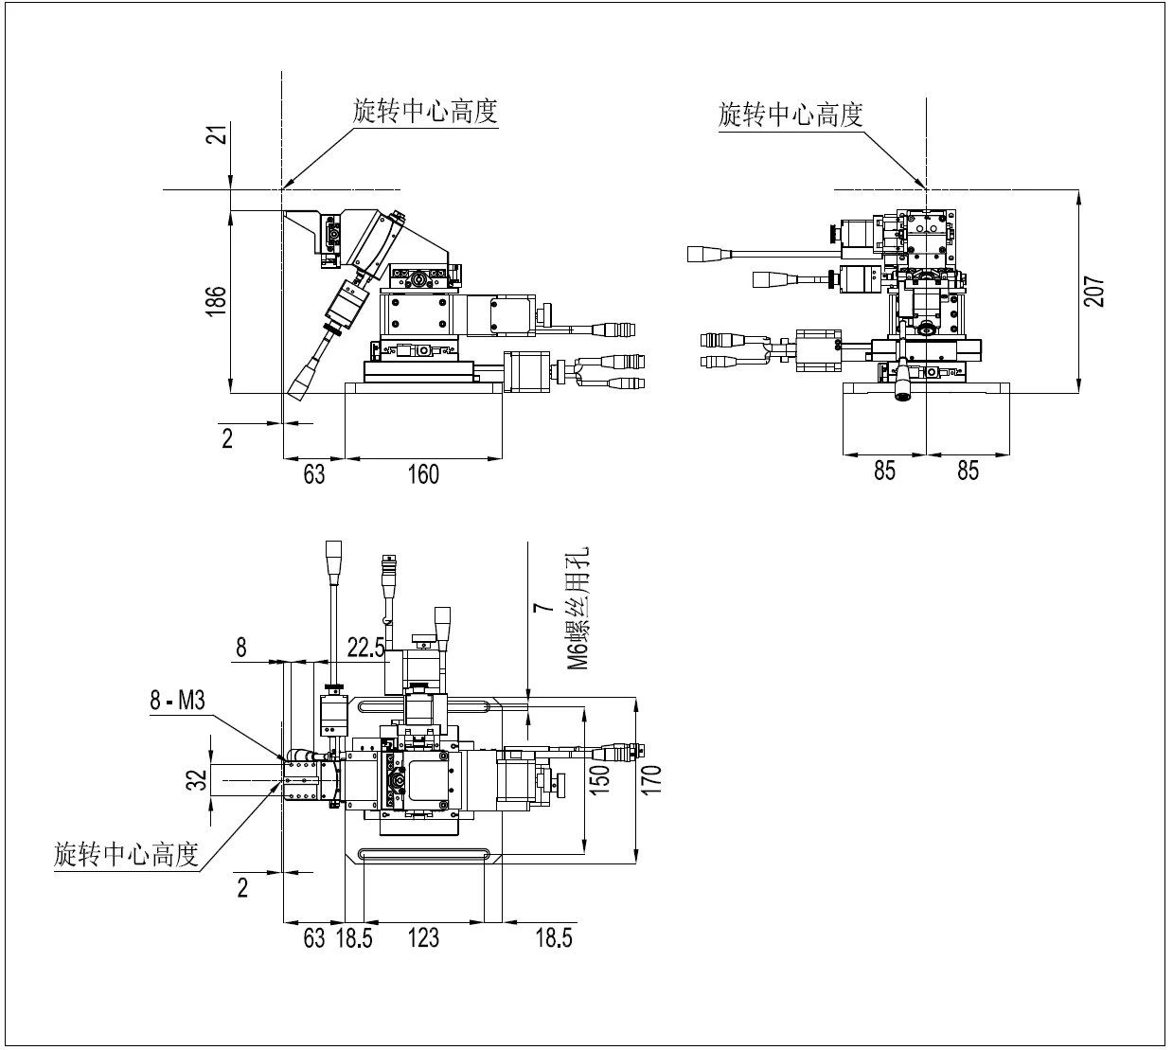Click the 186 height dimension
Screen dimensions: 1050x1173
tap(217, 301)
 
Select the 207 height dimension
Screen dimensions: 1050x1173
tap(1094, 292)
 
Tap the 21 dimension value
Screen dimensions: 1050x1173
tap(217, 135)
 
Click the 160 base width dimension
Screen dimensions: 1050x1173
tap(423, 473)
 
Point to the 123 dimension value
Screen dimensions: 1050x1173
tap(423, 937)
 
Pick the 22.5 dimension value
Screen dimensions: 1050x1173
tap(365, 647)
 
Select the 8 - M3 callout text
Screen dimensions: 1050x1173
tap(177, 701)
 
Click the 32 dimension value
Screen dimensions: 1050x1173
tap(197, 780)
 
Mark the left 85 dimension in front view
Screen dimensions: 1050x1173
tap(884, 471)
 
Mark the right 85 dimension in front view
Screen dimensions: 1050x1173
tap(968, 471)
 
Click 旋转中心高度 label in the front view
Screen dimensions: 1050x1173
tap(791, 116)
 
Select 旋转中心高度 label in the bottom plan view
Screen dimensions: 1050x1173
tap(126, 855)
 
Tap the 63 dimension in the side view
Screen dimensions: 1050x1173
tap(313, 473)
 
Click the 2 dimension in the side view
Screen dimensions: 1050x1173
tap(227, 437)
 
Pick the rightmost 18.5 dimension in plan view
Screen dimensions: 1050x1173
tap(554, 937)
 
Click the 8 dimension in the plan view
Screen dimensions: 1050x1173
tap(241, 647)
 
